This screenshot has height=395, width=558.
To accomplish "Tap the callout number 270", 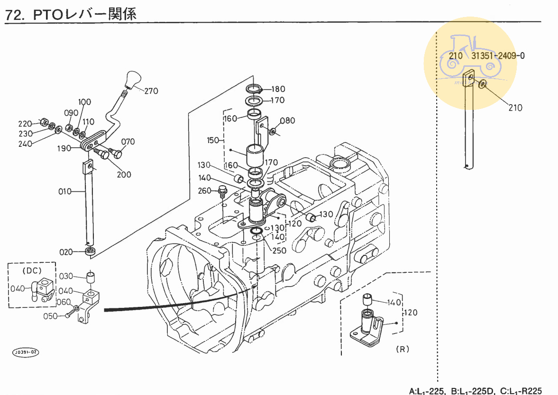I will pyautogui.click(x=151, y=91).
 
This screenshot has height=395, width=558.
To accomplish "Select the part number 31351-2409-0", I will pyautogui.click(x=498, y=55).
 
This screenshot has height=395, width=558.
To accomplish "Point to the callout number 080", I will pyautogui.click(x=287, y=120).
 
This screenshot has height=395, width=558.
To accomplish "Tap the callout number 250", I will pyautogui.click(x=279, y=251).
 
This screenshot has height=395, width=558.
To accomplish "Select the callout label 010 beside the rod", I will pyautogui.click(x=65, y=191).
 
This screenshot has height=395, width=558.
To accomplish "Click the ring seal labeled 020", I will pyautogui.click(x=90, y=250).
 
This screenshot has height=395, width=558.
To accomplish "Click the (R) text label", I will pyautogui.click(x=402, y=349).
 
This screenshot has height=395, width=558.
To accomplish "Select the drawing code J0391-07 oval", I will pyautogui.click(x=26, y=352).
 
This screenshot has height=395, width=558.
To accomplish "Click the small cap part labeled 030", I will pyautogui.click(x=91, y=276).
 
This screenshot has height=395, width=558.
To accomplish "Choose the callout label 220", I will pyautogui.click(x=25, y=124).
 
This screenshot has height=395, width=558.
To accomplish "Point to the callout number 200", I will pyautogui.click(x=124, y=174).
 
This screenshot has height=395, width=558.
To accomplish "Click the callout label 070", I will pyautogui.click(x=128, y=142).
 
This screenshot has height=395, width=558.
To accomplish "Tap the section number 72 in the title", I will pyautogui.click(x=14, y=15).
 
